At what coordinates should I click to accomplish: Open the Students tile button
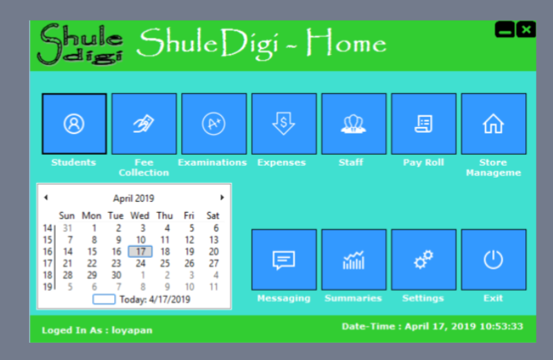click(74, 124)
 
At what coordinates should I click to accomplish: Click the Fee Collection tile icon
click(144, 124)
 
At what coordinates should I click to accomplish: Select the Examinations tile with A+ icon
click(214, 124)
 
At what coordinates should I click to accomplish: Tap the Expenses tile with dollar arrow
click(284, 124)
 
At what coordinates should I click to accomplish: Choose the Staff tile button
click(354, 124)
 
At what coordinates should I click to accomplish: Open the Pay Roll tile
click(424, 124)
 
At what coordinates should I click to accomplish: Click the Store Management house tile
click(494, 124)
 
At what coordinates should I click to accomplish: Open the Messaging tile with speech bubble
click(284, 260)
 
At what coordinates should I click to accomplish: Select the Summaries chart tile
click(354, 260)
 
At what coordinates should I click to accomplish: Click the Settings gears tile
click(424, 260)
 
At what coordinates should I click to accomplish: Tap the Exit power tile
click(494, 260)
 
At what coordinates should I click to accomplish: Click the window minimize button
click(505, 30)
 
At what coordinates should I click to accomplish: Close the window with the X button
click(526, 30)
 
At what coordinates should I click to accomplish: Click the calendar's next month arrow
click(222, 198)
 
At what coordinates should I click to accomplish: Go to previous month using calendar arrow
click(46, 198)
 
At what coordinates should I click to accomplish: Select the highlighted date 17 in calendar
click(140, 252)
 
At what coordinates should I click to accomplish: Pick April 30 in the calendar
click(116, 275)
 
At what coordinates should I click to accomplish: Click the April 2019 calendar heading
click(133, 198)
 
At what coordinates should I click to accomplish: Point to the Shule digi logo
click(80, 44)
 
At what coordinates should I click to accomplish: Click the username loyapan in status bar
click(132, 330)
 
